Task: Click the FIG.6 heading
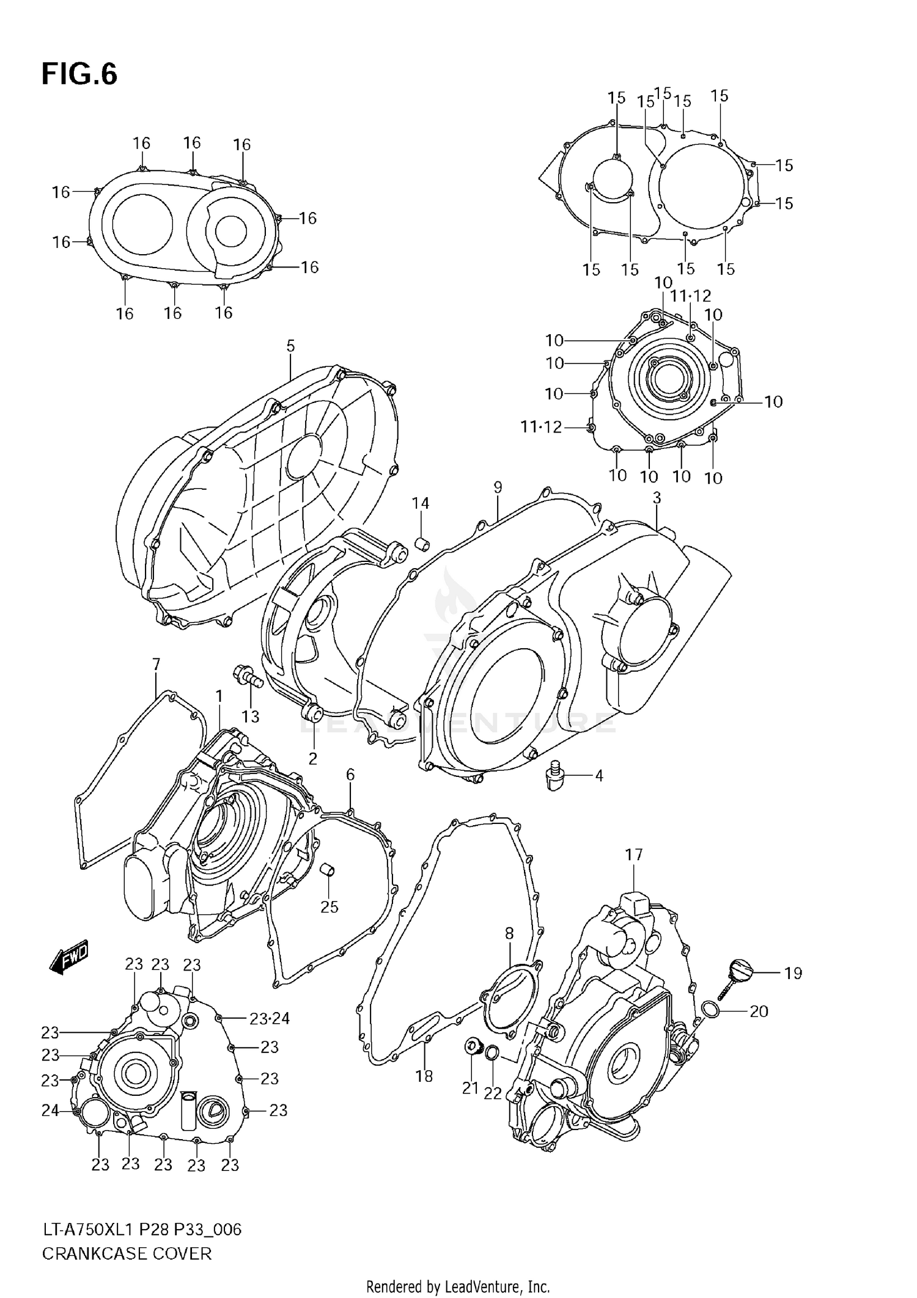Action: pos(79,75)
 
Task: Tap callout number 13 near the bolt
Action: pos(251,716)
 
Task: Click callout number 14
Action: pos(420,503)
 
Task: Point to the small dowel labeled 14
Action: pos(422,543)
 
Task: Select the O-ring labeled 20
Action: pos(710,1011)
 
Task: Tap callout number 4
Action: pos(599,776)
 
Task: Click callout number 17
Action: pos(634,855)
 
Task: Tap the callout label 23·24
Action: pos(270,1018)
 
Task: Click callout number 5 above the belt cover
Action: pos(290,346)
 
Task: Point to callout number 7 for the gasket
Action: pos(156,664)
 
